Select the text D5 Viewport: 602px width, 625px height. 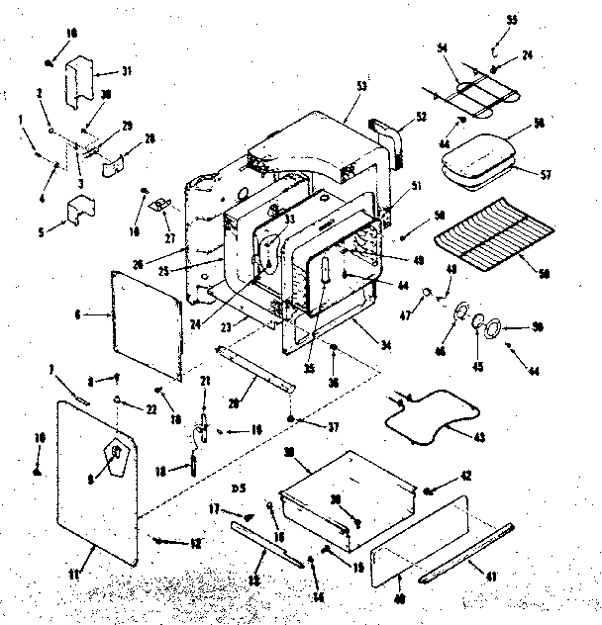point(238,489)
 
